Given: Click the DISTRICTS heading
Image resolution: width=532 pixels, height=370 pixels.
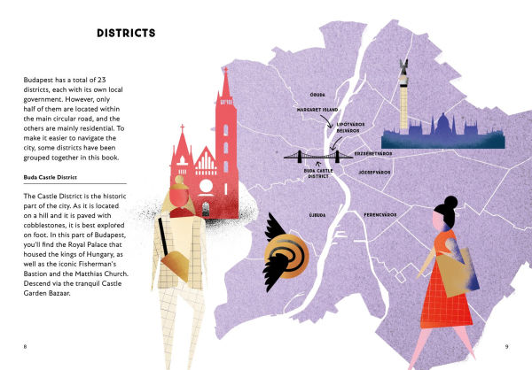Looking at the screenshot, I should coord(126,34).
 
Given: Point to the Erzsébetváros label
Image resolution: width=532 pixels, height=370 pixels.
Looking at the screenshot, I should coord(373,153).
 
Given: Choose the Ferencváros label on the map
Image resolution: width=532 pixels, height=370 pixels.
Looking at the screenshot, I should coord(379,214).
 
